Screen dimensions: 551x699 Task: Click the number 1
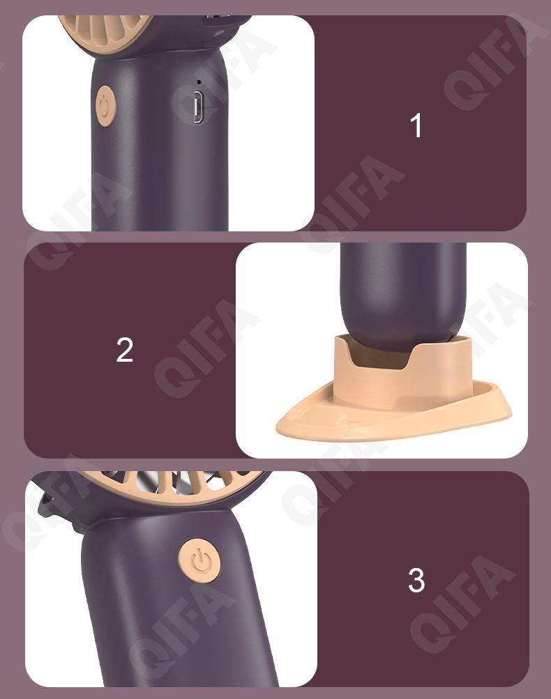click(x=416, y=125)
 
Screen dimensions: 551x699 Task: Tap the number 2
click(x=124, y=350)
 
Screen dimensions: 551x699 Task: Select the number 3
click(x=416, y=580)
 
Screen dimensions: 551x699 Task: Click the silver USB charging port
click(x=197, y=107)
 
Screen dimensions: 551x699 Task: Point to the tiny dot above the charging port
click(x=199, y=82)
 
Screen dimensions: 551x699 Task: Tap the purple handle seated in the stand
click(x=402, y=293)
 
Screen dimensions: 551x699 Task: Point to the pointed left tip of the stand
click(x=278, y=429)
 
